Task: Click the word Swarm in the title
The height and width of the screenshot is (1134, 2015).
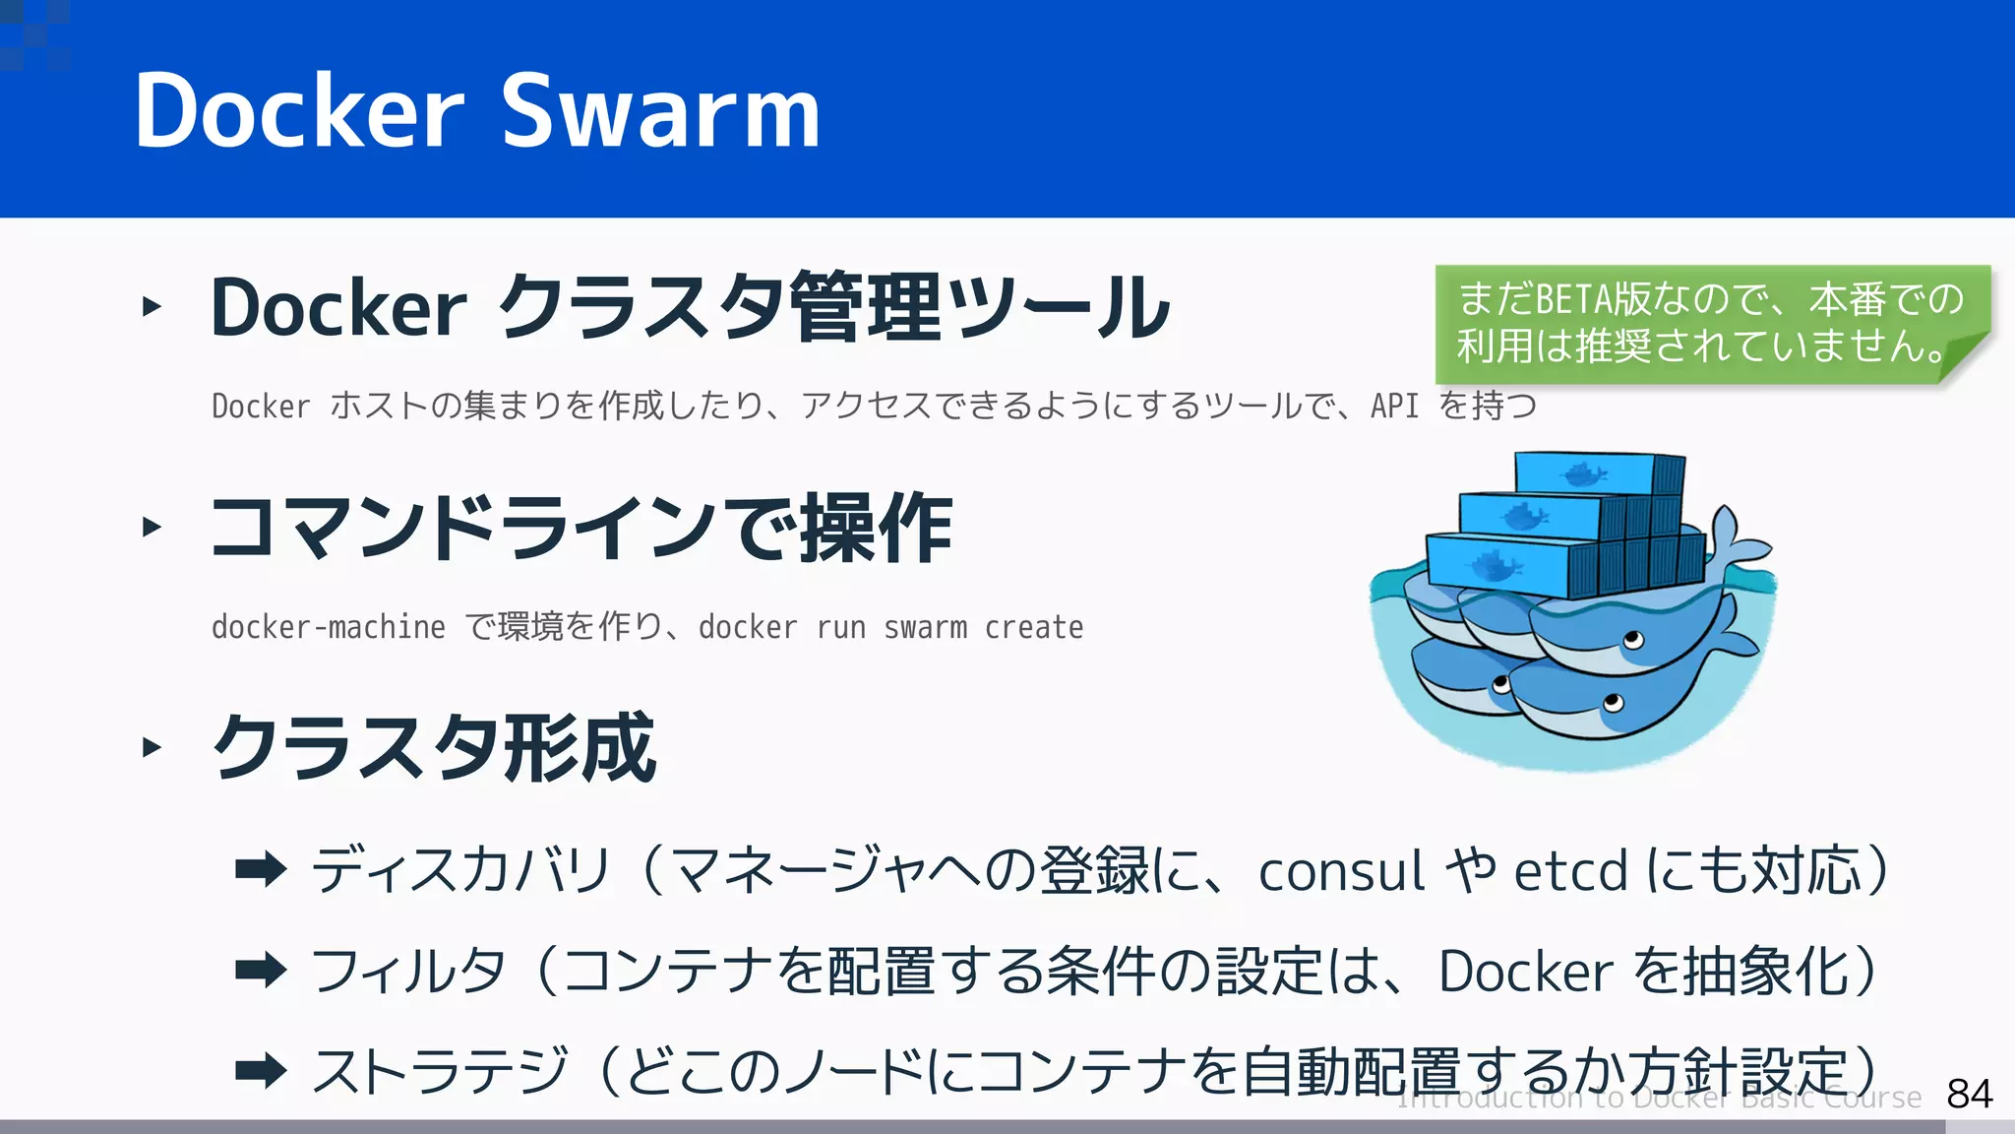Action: (x=661, y=112)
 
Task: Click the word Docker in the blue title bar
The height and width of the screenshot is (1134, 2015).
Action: (x=299, y=112)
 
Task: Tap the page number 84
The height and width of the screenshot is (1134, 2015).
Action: (x=1969, y=1094)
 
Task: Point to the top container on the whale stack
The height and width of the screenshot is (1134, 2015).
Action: (x=1599, y=474)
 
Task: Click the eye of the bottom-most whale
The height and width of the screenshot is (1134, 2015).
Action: (x=1613, y=703)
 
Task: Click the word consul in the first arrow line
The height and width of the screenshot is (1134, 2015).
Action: (x=1341, y=872)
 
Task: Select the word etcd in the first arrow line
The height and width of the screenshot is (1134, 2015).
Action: (x=1570, y=872)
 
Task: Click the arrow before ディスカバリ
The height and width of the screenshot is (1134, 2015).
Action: (x=261, y=869)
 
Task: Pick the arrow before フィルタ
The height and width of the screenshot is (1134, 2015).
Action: (x=261, y=971)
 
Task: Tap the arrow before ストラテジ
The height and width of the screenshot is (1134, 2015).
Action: (x=261, y=1070)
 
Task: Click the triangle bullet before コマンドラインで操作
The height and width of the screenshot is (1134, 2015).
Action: (x=151, y=527)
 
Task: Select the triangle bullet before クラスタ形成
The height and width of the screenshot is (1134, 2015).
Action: (x=151, y=747)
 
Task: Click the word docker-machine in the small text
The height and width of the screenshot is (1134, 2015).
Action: (x=328, y=627)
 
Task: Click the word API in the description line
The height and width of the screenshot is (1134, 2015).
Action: (x=1394, y=406)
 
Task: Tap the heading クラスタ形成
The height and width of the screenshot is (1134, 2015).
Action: (x=434, y=747)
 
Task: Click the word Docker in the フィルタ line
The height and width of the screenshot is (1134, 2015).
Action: (x=1525, y=972)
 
